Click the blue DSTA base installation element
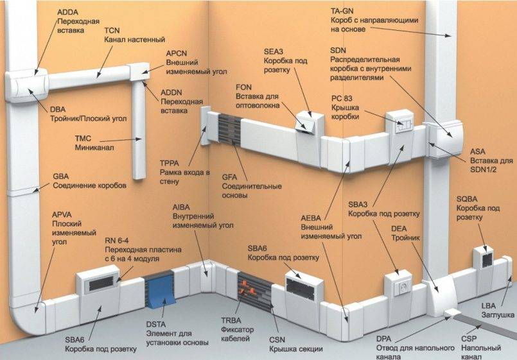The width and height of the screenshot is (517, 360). click(161, 290)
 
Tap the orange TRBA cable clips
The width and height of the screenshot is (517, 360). click(249, 286)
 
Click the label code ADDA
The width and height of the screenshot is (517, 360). click(67, 12)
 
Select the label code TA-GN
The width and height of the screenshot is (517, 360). click(342, 11)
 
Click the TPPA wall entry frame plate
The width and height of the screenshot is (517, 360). click(204, 126)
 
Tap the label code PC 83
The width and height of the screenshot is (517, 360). click(342, 98)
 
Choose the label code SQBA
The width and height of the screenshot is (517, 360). click(467, 199)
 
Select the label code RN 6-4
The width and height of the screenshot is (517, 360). click(116, 241)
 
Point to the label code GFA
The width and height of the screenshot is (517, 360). click(229, 177)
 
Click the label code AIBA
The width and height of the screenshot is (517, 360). click(181, 207)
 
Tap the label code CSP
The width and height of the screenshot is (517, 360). click(469, 339)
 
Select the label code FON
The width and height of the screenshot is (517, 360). click(243, 87)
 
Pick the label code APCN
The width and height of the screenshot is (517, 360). click(177, 53)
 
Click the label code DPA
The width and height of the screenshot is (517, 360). click(384, 339)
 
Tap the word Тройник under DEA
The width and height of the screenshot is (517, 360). click(405, 238)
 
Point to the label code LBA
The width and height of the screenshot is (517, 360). click(488, 305)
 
